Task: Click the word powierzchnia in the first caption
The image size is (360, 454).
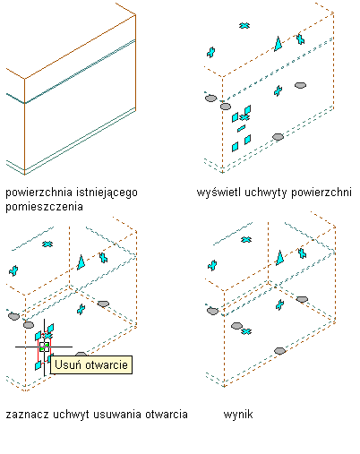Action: pos(39,193)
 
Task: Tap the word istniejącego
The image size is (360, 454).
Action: pos(107,193)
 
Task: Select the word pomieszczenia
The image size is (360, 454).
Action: pos(44,207)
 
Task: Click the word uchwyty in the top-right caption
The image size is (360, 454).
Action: pos(266,193)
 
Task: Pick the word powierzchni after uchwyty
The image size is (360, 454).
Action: pos(321,193)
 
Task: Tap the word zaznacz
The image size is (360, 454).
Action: pos(28,415)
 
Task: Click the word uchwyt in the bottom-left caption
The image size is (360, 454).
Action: pos(71,415)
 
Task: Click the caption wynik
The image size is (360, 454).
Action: pos(238,415)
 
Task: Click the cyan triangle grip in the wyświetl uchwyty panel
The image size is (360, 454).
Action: pos(279,44)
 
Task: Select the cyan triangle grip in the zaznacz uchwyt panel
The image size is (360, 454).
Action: pos(81,262)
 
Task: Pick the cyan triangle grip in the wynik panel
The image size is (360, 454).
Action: pos(279,258)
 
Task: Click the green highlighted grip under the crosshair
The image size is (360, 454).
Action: pos(44,347)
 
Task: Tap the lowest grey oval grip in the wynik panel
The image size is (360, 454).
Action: pos(279,351)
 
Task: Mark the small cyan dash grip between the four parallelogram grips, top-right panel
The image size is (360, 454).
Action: pos(241,128)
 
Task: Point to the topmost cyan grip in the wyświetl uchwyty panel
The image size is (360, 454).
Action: pos(244,26)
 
